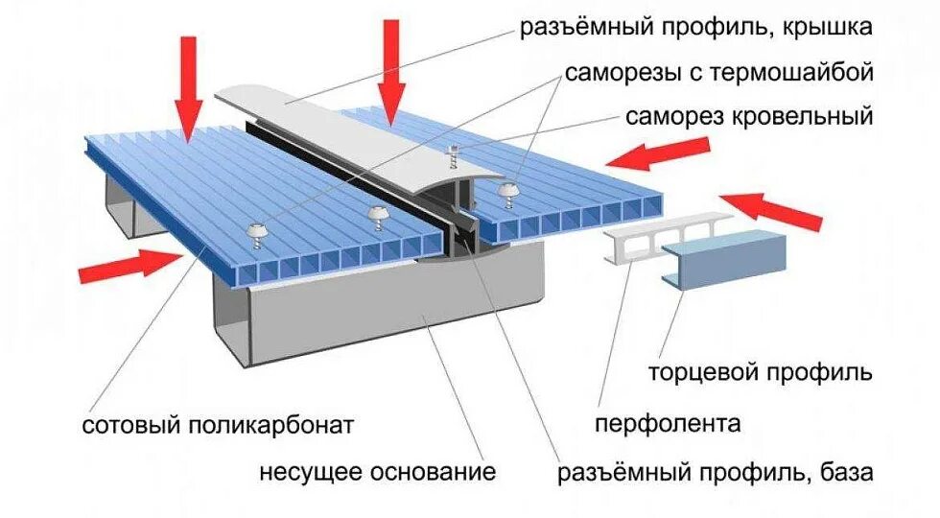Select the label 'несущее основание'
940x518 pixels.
point(377,472)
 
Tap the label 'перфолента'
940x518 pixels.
point(668,423)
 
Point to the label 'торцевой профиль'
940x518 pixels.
point(760,371)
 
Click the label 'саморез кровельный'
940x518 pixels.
point(749,117)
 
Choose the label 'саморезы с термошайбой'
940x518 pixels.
point(718,72)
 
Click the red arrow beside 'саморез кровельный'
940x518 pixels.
point(662,153)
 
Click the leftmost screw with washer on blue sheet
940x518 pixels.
point(257,229)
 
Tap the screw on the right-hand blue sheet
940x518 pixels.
point(505,194)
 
